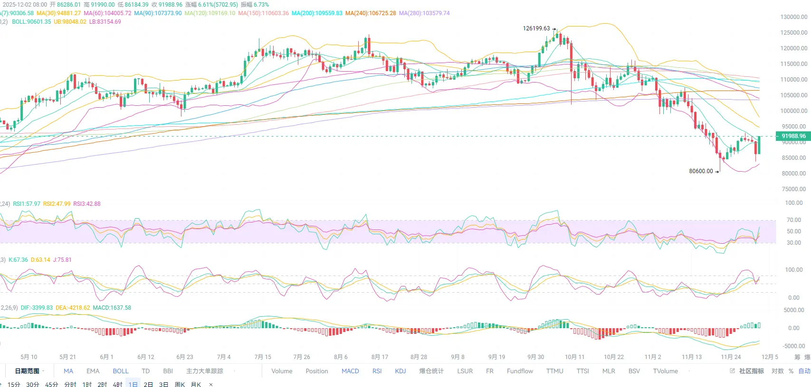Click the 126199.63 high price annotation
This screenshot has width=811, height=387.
coord(536,28)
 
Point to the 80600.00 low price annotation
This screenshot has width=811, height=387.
coord(701,171)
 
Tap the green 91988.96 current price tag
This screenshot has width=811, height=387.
coord(793,136)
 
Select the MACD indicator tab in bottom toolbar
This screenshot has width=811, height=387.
coord(350,371)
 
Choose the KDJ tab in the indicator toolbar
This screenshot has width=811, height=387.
coord(401,371)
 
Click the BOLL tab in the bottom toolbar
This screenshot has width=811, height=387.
coord(121,371)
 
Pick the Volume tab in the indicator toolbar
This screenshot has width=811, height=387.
coord(282,371)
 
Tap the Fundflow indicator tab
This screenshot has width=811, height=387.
coord(520,371)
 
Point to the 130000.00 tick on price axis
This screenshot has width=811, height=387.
coord(793,17)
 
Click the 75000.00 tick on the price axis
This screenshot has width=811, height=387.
coord(793,189)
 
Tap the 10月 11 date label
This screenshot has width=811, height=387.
coord(574,357)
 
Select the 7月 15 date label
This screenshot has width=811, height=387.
coord(263,357)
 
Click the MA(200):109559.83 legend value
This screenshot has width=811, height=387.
coord(317,13)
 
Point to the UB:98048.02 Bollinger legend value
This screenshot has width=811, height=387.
coord(70,22)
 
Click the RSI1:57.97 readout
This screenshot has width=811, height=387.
coord(27,204)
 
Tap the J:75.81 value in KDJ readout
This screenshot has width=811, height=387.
coord(62,260)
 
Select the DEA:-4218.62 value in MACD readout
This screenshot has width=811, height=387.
coord(73,308)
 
